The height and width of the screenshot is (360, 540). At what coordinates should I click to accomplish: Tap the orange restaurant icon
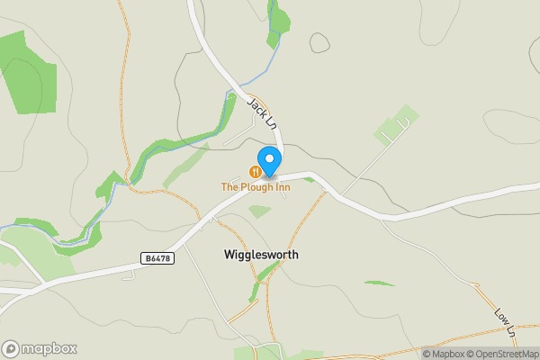coord(256,171)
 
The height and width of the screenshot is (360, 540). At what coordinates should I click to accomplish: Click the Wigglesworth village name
coord(261,255)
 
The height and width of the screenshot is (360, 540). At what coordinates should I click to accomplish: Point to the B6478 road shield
coord(157,258)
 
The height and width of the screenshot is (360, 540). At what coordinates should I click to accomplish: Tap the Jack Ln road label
coord(262,112)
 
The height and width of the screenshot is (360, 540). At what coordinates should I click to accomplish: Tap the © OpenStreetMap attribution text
coord(501,354)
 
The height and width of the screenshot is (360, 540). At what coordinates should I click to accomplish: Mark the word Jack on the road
coord(257,106)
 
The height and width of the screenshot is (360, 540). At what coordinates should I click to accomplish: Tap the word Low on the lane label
coord(501,315)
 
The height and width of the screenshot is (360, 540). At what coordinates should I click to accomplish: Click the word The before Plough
coord(230,186)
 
